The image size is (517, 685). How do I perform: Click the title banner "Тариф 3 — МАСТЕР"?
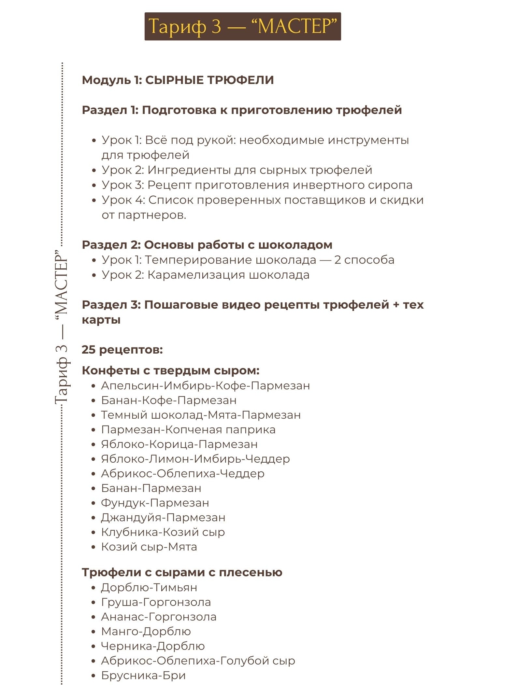(243, 26)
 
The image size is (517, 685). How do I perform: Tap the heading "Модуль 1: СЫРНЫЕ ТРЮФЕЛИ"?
(178, 80)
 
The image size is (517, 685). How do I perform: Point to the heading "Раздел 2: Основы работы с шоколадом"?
(207, 245)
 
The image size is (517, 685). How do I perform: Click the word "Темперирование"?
(197, 260)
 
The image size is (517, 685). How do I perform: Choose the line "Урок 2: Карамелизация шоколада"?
(205, 275)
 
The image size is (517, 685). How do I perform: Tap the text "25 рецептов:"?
(122, 350)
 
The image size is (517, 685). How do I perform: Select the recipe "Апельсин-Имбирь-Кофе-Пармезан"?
(205, 385)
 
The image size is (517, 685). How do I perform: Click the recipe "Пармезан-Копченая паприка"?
(188, 429)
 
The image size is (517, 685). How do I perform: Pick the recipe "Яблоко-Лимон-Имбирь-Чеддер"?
(195, 459)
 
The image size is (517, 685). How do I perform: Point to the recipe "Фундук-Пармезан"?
(155, 503)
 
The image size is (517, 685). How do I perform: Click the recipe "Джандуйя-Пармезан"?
(163, 517)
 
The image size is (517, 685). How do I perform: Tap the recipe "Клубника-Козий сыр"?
(163, 532)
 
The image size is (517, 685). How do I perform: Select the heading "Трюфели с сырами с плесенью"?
(182, 572)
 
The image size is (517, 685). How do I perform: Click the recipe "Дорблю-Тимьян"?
(149, 587)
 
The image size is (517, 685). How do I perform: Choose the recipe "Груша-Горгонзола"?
(156, 602)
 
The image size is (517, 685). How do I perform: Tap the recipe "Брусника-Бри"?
(143, 675)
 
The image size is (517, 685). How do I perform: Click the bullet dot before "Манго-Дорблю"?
(94, 632)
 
